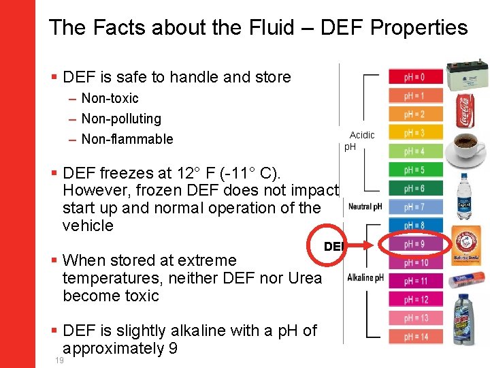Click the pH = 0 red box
(x=415, y=77)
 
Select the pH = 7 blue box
(x=415, y=206)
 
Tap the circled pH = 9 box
(x=415, y=244)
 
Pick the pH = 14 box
(x=415, y=337)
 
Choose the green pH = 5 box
(x=415, y=170)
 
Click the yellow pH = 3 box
(x=415, y=133)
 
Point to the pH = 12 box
(x=415, y=299)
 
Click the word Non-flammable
(x=127, y=139)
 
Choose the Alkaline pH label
(x=366, y=277)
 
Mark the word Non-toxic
(x=110, y=99)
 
